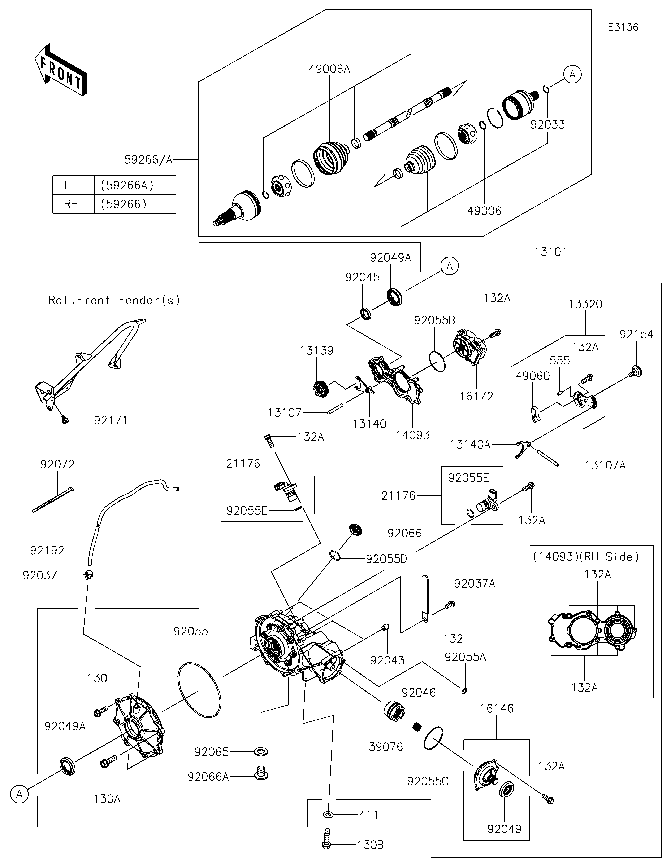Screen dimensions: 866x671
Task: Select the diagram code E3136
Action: coord(623,27)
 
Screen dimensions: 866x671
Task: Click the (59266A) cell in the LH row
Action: coord(127,185)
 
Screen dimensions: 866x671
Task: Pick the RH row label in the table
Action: coord(72,204)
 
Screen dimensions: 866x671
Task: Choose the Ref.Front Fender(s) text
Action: coord(114,300)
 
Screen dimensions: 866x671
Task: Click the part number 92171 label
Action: coord(111,420)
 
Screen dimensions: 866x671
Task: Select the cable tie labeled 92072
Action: coord(53,500)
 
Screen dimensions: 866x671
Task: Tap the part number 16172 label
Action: coord(476,396)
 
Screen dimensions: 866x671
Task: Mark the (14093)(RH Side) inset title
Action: coord(586,557)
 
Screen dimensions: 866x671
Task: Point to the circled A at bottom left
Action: coord(20,795)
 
